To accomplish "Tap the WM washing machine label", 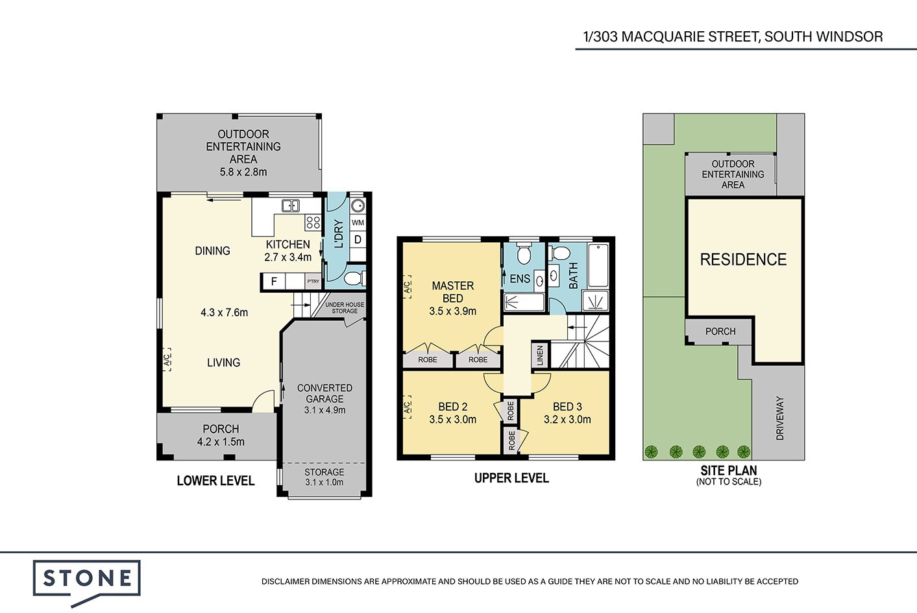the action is [358, 223].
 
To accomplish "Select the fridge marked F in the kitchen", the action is [274, 281].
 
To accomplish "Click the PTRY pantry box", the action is [313, 281].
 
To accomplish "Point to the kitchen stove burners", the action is [313, 222].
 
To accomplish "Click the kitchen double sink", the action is [290, 206].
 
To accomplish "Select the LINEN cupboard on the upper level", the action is [539, 355].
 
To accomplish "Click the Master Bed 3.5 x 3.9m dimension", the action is [453, 311].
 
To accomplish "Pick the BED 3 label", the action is [567, 407].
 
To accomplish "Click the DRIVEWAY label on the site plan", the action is [780, 418].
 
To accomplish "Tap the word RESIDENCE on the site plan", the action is [744, 260].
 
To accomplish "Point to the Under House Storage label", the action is [345, 308].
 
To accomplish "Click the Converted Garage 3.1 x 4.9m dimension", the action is [324, 410].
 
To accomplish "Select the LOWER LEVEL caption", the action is [215, 481].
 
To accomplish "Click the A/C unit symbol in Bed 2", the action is [408, 407].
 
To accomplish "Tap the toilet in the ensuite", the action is [524, 253].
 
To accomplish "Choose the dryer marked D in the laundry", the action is [358, 240].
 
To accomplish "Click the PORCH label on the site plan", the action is [720, 331].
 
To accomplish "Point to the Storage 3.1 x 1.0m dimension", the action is [324, 482].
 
